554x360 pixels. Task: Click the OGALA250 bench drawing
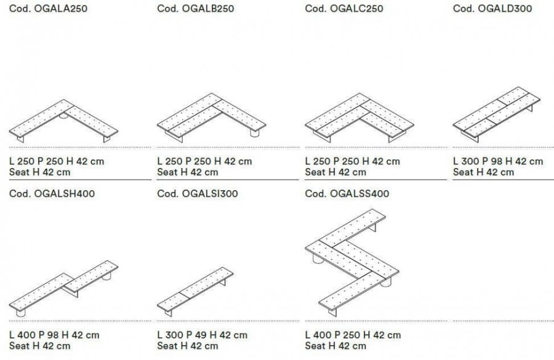[x=63, y=121]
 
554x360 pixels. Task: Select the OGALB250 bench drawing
[x=211, y=118]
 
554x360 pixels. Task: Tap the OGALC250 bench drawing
[x=359, y=118]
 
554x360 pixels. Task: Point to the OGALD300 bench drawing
[x=496, y=114]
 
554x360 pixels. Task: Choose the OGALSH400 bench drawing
[x=63, y=289]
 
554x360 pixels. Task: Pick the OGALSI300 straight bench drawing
[x=195, y=292]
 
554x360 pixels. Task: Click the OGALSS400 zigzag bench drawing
[x=352, y=263]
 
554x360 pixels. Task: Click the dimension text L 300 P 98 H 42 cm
[x=498, y=161]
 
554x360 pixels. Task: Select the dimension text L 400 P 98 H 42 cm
[x=54, y=335]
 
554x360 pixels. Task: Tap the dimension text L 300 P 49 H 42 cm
[x=202, y=335]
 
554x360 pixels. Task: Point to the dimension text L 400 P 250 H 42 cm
[x=353, y=335]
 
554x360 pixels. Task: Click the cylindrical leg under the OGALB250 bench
[x=255, y=133]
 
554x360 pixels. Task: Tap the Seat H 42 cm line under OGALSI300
[x=188, y=346]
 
